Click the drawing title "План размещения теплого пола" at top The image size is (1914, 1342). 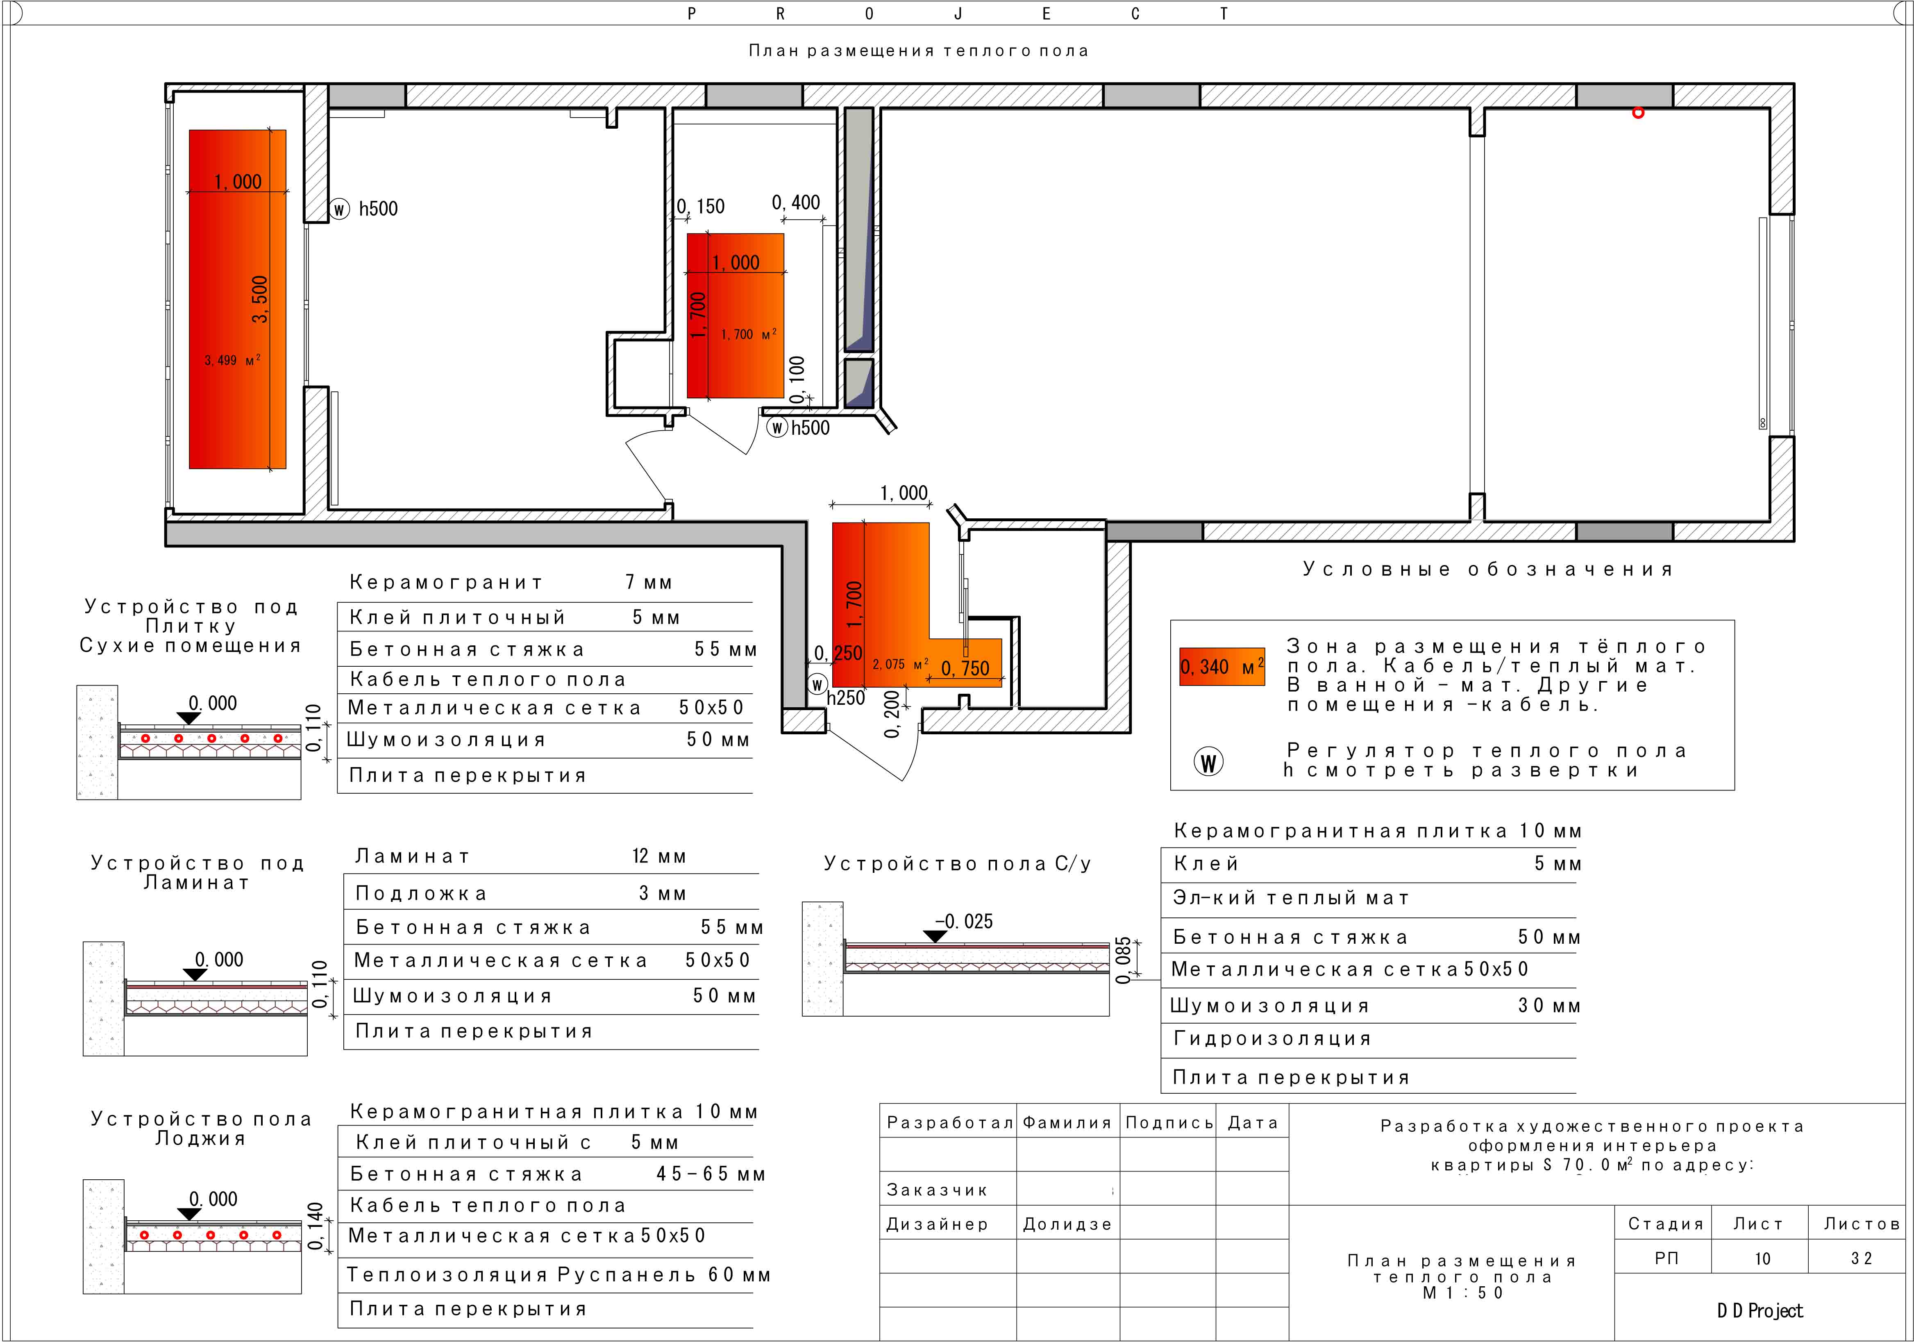pos(918,51)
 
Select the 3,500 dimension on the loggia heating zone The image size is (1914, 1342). pos(260,299)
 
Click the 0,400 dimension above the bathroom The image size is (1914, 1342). pos(796,202)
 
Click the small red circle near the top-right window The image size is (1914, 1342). pos(1638,113)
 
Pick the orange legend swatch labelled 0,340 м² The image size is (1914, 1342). pos(1222,667)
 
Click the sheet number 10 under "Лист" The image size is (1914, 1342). pos(1762,1259)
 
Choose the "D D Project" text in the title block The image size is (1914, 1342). pos(1760,1311)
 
